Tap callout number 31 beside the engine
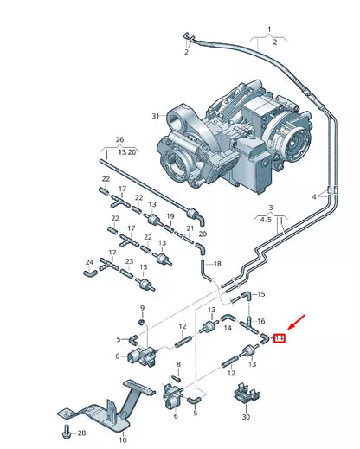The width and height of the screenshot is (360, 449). pos(156,116)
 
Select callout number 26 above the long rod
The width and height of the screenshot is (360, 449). pos(120,139)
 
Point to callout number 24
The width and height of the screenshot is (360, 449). pos(89,261)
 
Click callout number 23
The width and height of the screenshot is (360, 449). pos(128,261)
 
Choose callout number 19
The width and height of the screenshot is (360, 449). pos(171,215)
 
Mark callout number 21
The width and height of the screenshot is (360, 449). pos(189,229)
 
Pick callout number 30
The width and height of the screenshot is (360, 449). pos(246,417)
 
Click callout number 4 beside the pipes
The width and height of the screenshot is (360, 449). pos(315,196)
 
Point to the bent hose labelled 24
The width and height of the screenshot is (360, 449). pos(89,273)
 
